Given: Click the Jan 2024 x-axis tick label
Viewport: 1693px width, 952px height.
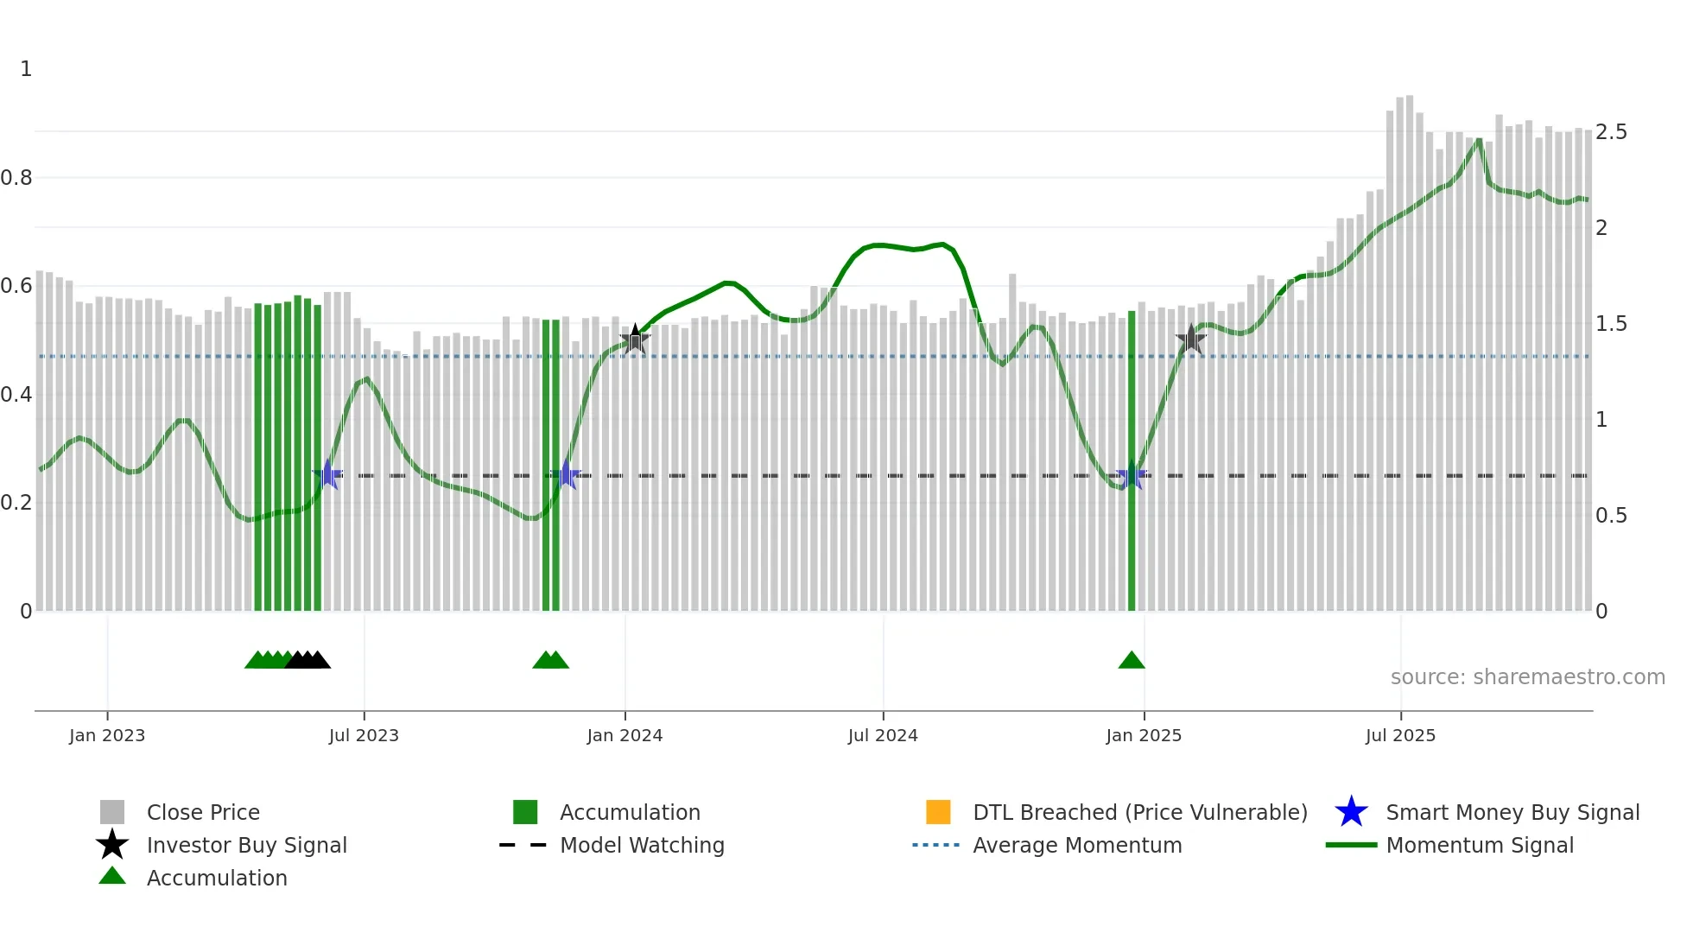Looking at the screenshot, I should (625, 736).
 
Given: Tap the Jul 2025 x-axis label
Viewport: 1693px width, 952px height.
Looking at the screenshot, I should (1400, 736).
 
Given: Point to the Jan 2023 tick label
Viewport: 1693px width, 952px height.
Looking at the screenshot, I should (107, 736).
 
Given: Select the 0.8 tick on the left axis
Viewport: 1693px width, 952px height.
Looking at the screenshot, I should (16, 178).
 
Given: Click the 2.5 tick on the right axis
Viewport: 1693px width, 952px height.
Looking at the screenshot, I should (1611, 132).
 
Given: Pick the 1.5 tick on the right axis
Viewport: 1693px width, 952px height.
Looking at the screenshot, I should (1611, 324).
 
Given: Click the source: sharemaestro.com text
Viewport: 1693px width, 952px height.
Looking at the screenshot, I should (1527, 677).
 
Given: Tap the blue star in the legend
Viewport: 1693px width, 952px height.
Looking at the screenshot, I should (1351, 812).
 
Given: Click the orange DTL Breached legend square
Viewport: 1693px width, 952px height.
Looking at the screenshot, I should (938, 812).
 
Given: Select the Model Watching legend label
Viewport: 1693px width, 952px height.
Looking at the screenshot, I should (642, 846).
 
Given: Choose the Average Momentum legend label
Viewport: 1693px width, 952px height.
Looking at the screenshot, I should (1077, 846).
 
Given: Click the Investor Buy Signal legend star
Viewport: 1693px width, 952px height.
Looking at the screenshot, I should (112, 845).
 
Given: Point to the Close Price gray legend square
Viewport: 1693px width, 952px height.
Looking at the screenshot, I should (112, 812).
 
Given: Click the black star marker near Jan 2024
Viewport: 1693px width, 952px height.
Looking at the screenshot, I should (635, 340).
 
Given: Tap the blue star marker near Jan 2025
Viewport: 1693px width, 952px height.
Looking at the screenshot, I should (1132, 475).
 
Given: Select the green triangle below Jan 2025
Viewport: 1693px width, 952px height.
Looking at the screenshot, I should (1132, 661).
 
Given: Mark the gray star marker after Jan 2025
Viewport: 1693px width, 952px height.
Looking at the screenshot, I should (1191, 340).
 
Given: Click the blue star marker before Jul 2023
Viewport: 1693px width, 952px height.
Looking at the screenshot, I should (327, 475).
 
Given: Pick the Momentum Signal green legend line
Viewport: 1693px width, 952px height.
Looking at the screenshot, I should (1351, 846).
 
